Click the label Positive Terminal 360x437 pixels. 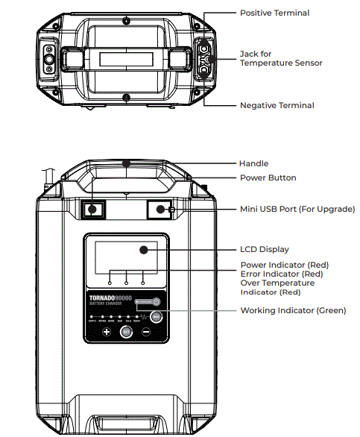click(x=274, y=13)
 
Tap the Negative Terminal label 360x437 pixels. click(x=276, y=106)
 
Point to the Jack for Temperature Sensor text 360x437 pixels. click(x=280, y=58)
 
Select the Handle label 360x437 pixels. click(x=253, y=163)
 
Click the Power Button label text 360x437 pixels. click(x=268, y=177)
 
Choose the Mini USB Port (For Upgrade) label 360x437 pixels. click(x=297, y=209)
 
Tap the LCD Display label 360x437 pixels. click(x=264, y=249)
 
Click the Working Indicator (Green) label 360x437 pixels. click(x=293, y=310)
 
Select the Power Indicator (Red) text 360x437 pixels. click(x=284, y=265)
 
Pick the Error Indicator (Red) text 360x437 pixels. click(x=281, y=274)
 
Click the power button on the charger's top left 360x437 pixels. click(x=92, y=210)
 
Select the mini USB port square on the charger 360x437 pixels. click(x=160, y=210)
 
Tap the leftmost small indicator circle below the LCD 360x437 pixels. click(x=109, y=283)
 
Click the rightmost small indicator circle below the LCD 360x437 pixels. click(x=142, y=283)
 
